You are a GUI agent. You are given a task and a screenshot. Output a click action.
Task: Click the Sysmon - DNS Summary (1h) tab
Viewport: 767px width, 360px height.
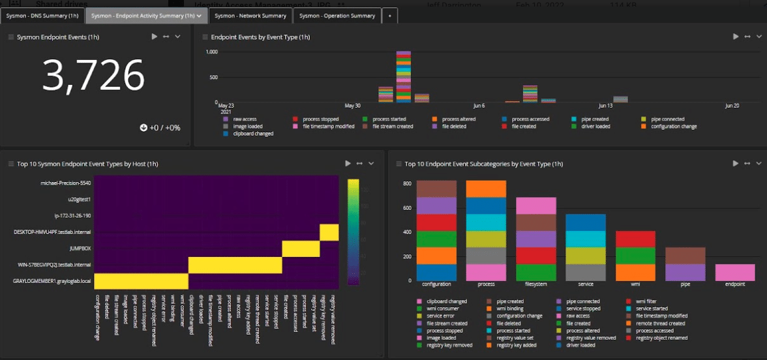[42, 16]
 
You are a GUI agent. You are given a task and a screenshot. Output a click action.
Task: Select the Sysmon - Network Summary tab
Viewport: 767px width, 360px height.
[250, 16]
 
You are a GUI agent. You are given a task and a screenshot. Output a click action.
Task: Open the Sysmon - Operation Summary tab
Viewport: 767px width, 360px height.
[337, 16]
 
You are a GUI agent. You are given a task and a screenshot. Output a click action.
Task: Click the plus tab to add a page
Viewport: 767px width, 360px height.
[389, 16]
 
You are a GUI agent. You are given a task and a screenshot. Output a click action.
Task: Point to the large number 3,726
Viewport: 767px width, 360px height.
[93, 76]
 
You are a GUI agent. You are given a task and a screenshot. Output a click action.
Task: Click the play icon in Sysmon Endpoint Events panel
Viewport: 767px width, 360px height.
[155, 37]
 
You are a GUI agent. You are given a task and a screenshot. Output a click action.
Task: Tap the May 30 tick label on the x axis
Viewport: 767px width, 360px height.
[352, 106]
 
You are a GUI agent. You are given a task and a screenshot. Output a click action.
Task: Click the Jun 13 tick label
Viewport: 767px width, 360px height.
[605, 106]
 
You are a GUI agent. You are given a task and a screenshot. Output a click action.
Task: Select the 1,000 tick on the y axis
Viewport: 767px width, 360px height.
[211, 52]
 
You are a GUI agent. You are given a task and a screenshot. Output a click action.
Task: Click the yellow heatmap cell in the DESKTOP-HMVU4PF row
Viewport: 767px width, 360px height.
[329, 232]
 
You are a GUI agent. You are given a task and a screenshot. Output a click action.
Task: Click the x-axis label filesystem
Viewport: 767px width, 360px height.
[535, 284]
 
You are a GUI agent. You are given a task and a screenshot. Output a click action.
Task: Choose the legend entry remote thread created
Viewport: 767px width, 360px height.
[659, 323]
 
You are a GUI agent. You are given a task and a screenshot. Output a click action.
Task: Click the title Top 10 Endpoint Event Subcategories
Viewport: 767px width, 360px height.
[483, 164]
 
